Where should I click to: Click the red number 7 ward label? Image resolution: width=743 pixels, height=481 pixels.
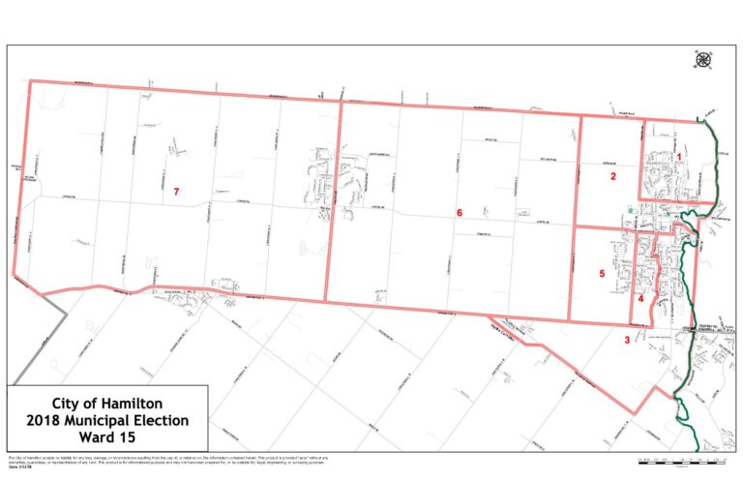(176, 193)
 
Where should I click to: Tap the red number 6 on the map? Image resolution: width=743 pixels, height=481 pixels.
(461, 212)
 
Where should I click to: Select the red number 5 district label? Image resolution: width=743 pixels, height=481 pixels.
(602, 274)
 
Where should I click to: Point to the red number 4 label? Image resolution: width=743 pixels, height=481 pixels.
(640, 299)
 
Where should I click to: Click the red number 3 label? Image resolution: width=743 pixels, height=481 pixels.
(627, 339)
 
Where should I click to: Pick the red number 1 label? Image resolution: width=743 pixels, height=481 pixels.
(679, 156)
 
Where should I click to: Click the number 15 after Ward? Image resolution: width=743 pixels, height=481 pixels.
(126, 438)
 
